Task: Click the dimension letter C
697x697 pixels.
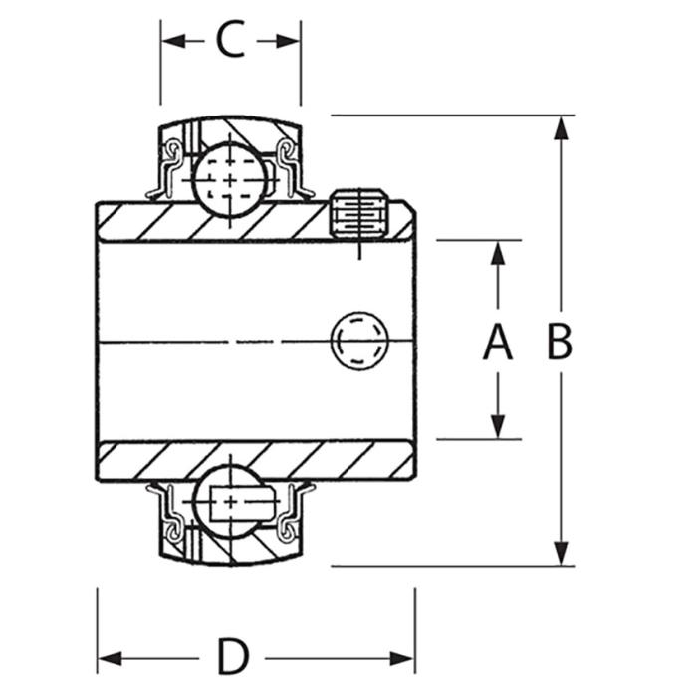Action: (230, 39)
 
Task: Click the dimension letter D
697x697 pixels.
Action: (233, 657)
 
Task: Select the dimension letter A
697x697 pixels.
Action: (498, 342)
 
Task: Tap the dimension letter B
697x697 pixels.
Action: (560, 342)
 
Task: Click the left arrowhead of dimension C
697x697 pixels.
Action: (174, 42)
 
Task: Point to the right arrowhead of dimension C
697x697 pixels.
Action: (288, 42)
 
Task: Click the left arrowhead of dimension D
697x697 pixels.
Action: (110, 659)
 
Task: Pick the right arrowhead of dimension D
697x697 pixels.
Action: (402, 659)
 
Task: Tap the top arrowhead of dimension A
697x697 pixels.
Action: (498, 253)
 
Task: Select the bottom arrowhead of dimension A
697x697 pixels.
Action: (498, 426)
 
